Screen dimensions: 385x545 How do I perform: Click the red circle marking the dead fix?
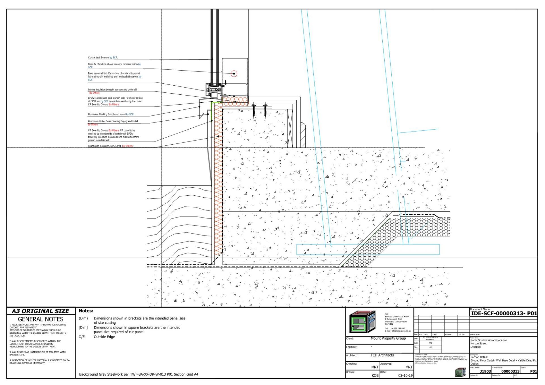234,74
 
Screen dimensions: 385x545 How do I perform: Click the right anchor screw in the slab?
265,110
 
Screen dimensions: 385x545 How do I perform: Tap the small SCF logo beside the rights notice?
460,372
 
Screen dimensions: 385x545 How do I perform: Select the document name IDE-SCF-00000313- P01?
504,314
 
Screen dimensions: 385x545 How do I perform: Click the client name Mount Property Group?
388,339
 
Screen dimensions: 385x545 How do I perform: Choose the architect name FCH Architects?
382,355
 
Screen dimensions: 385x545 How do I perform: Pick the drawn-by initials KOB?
375,376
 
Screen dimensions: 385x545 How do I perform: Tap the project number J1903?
485,371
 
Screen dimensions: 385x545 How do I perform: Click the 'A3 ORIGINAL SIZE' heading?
40,311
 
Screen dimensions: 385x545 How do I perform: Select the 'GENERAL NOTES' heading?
40,320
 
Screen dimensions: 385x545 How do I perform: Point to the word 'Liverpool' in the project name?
476,347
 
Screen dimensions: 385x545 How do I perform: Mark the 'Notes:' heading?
86,311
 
